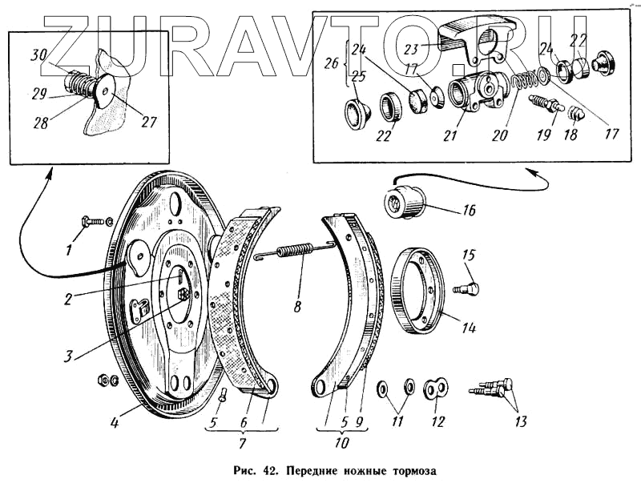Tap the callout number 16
click(469, 211)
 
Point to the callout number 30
click(39, 54)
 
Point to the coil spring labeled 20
click(523, 82)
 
